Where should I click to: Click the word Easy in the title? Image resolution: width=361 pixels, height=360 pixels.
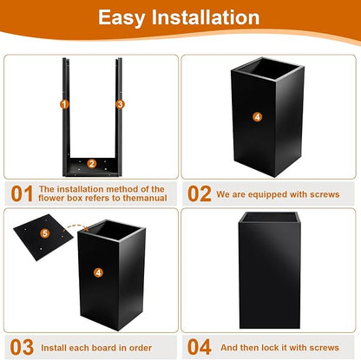click(x=121, y=18)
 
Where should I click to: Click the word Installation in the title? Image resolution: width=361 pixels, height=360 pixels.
click(x=206, y=16)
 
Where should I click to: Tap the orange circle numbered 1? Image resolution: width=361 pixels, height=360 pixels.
click(x=64, y=104)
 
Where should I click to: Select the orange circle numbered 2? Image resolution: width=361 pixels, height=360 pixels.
click(x=92, y=164)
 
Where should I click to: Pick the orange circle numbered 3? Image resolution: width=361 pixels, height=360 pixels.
click(x=121, y=104)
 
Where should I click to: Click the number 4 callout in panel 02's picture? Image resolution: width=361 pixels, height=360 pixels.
click(x=257, y=117)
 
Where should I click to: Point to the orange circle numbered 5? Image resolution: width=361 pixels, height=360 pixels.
click(x=44, y=233)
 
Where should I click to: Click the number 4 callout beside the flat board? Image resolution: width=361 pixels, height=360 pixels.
click(x=98, y=272)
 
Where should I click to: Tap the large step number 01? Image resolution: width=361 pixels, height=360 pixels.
click(x=22, y=193)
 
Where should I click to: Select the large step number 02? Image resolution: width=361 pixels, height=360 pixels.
click(x=200, y=193)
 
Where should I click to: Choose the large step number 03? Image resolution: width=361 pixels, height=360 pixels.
click(x=22, y=347)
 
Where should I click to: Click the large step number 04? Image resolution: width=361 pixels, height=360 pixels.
click(x=200, y=347)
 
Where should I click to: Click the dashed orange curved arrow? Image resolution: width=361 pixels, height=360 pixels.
click(x=75, y=227)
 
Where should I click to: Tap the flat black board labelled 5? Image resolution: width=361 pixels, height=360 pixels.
click(x=43, y=237)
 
